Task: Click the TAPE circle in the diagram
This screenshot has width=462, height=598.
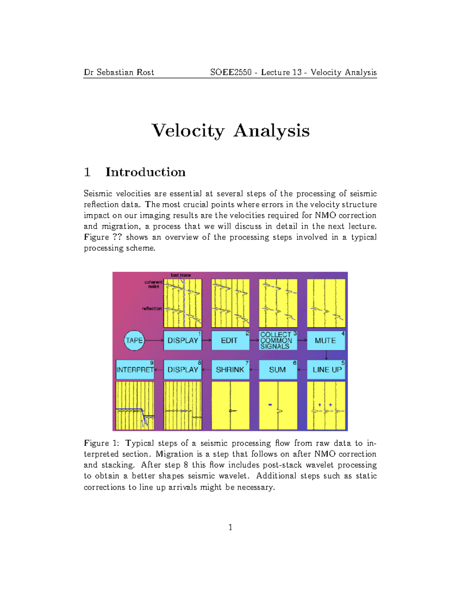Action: point(134,340)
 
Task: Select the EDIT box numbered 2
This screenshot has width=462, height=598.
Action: point(230,340)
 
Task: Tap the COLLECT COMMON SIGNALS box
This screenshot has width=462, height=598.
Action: point(278,340)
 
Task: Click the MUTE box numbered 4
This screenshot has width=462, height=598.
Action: point(326,340)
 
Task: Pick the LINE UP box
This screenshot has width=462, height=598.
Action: point(326,370)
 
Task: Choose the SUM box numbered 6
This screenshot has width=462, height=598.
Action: point(278,370)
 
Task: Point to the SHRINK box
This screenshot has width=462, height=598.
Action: point(230,370)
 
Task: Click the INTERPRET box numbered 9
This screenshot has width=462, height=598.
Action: point(135,370)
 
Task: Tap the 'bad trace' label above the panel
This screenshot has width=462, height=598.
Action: point(181,275)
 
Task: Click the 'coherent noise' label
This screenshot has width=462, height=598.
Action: point(153,284)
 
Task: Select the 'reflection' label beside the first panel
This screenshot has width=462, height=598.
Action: point(152,308)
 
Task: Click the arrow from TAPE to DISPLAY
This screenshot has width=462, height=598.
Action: point(154,340)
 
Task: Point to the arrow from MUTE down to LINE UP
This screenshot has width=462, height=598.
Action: point(326,355)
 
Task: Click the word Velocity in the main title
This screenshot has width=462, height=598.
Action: point(188,131)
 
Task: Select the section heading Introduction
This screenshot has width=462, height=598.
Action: point(145,172)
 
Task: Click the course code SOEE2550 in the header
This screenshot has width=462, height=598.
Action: point(231,72)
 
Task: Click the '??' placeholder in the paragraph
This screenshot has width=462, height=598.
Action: point(117,237)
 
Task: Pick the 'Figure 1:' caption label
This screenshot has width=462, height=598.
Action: point(102,443)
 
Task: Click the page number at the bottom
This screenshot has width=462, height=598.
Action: point(230,528)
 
